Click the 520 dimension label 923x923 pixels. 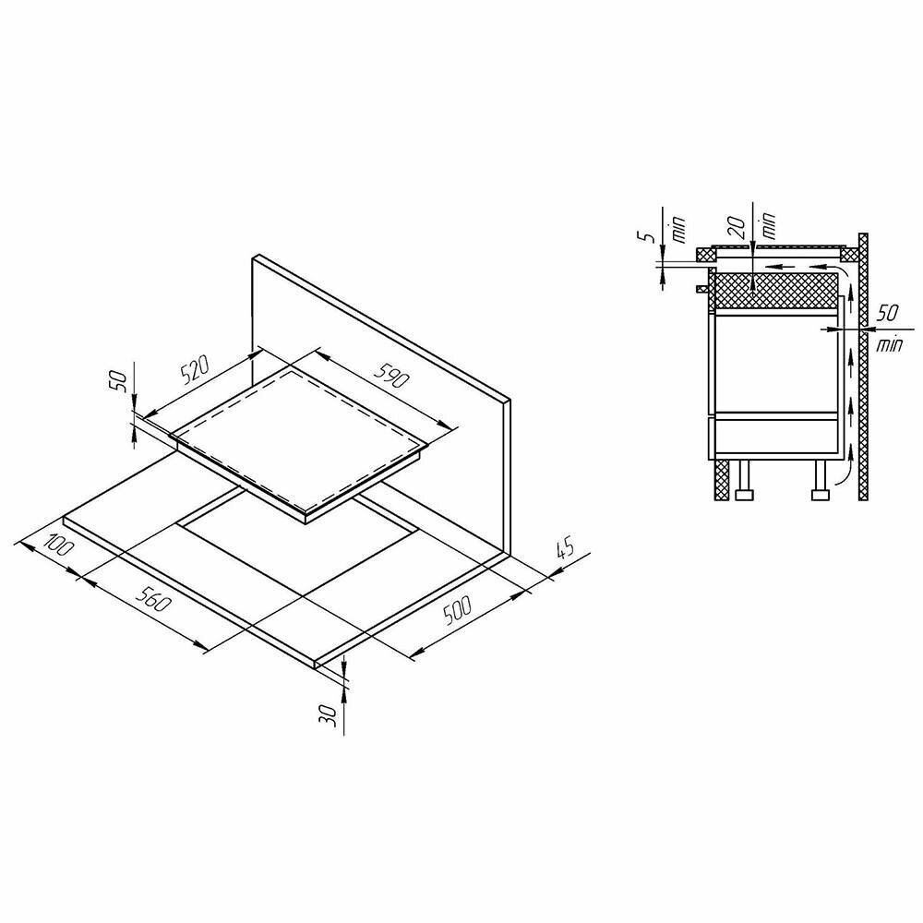(x=195, y=370)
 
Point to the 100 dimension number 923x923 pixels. (x=59, y=545)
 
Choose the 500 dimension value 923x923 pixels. (x=458, y=610)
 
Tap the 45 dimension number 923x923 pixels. (x=564, y=548)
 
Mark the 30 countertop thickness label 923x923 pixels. (x=330, y=714)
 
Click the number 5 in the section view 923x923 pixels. (x=648, y=236)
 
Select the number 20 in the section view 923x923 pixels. (x=738, y=225)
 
